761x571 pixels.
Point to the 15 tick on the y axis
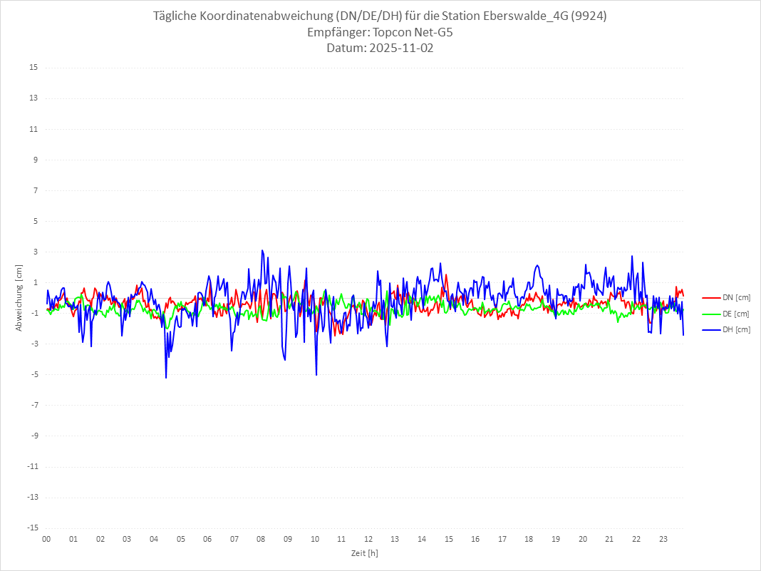[33, 68]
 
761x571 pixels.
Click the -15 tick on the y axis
[32, 528]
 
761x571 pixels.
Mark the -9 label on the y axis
[33, 436]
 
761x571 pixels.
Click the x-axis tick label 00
[46, 539]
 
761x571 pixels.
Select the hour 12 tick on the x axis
[368, 539]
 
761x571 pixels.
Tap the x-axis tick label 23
[663, 539]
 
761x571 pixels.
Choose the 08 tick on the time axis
[261, 539]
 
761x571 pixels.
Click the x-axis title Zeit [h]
[365, 552]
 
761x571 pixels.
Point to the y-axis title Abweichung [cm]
[19, 297]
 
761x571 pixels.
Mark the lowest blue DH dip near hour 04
[166, 377]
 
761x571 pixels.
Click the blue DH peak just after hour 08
[262, 251]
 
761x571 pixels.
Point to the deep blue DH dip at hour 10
[316, 374]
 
